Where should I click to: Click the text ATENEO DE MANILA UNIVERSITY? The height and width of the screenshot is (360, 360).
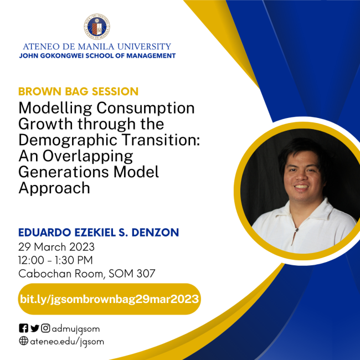[x=97, y=47]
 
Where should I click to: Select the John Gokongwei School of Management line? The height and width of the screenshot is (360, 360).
[x=97, y=56]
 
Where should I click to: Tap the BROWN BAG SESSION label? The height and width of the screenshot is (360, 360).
[x=78, y=91]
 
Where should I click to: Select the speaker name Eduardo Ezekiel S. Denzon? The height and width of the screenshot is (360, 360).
[x=99, y=233]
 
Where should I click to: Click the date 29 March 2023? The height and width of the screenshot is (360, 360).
[x=56, y=246]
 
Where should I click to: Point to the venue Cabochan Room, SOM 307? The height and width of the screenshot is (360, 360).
[x=87, y=273]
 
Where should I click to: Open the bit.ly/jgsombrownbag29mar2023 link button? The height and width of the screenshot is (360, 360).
[x=109, y=299]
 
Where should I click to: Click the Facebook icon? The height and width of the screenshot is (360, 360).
[x=23, y=328]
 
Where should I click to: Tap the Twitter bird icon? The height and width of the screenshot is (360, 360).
[x=34, y=328]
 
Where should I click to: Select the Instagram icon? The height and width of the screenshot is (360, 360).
[x=46, y=328]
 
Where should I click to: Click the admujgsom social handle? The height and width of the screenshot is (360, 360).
[x=76, y=328]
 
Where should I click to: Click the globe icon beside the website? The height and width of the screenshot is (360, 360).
[x=23, y=341]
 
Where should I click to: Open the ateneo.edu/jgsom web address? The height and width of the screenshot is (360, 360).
[x=67, y=341]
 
